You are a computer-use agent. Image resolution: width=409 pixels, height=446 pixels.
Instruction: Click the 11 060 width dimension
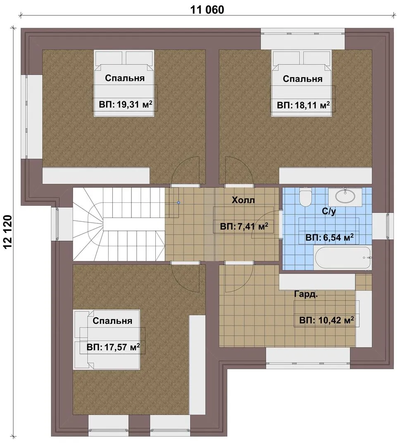(x=207, y=9)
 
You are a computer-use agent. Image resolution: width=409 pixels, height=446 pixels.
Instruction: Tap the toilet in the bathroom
(x=306, y=197)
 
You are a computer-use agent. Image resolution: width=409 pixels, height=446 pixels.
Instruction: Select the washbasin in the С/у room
(x=345, y=196)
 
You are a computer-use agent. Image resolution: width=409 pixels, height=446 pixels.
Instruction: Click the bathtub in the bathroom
(x=342, y=258)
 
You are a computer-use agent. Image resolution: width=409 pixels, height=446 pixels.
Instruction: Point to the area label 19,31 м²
(x=126, y=104)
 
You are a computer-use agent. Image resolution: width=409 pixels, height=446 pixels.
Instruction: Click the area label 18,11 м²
(x=303, y=105)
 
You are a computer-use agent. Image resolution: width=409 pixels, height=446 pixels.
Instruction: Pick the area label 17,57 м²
(x=113, y=347)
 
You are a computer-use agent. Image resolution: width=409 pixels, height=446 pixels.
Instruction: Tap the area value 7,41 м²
(x=244, y=227)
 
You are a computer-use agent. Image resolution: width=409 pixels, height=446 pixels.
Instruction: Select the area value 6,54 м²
(x=330, y=237)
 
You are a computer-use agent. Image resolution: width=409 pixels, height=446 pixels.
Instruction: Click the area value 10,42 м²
(x=326, y=320)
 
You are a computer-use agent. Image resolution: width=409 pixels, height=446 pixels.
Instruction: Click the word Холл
(x=243, y=200)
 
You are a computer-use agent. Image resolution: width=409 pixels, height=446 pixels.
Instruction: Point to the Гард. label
(x=306, y=294)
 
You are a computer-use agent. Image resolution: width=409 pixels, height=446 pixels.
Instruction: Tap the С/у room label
(x=329, y=211)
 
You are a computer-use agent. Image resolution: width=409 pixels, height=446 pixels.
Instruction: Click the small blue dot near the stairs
(x=178, y=203)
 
